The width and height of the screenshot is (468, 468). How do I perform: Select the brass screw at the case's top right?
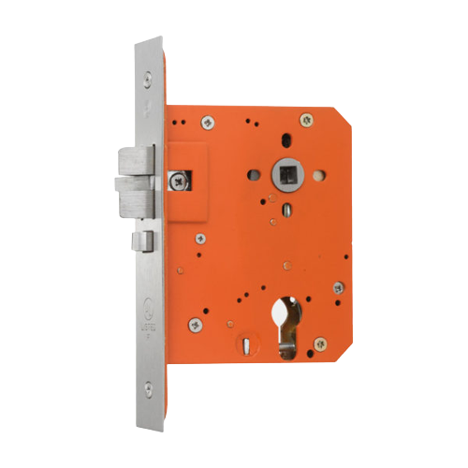click(x=307, y=118)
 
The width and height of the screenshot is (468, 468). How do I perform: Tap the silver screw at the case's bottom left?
click(x=195, y=324)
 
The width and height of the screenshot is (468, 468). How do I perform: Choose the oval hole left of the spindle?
click(x=254, y=174)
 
